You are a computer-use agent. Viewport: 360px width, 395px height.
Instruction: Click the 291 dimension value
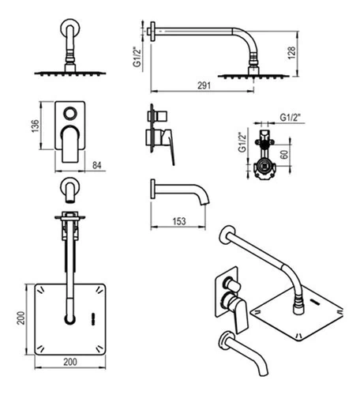click(204, 85)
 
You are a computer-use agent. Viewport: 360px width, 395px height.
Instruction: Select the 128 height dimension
click(291, 53)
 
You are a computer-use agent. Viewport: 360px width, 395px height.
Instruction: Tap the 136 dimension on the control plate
click(35, 126)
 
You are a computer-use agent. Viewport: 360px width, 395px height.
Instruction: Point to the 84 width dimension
click(97, 165)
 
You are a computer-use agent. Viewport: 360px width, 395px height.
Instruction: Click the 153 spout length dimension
click(179, 221)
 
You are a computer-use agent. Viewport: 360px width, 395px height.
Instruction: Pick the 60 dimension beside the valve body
click(284, 154)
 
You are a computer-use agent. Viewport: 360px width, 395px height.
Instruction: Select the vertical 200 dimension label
click(21, 318)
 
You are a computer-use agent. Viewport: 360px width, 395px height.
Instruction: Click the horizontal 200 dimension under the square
click(70, 362)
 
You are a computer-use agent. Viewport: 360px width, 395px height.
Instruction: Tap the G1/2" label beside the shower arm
click(137, 57)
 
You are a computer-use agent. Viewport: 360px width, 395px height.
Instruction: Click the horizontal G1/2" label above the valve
click(290, 117)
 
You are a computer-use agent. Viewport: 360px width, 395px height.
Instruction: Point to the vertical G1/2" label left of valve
click(242, 142)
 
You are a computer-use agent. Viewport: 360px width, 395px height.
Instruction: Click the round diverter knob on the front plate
click(70, 114)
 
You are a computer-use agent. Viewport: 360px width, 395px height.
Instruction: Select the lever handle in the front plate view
click(70, 145)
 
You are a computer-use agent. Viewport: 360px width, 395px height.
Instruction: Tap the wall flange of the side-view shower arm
click(152, 31)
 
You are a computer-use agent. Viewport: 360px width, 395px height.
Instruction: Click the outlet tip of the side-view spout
click(204, 203)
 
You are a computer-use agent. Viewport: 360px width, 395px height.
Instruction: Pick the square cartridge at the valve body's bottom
click(264, 166)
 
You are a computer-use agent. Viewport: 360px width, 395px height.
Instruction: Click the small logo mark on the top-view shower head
click(92, 315)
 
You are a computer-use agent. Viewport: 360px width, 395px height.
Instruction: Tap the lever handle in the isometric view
click(240, 316)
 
